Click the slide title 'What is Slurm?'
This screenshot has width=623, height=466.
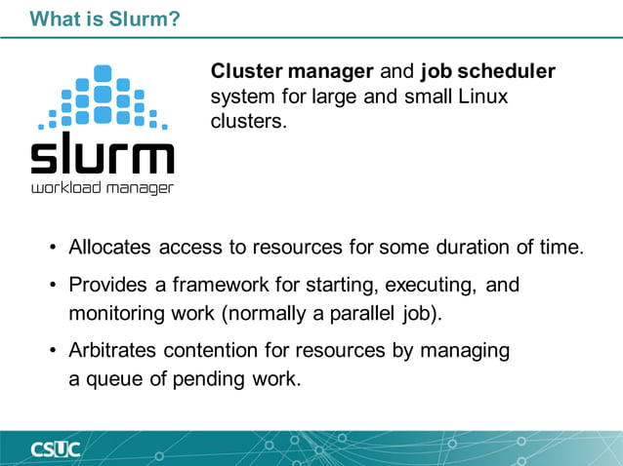pyautogui.click(x=105, y=18)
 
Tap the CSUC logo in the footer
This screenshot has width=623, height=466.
pyautogui.click(x=54, y=449)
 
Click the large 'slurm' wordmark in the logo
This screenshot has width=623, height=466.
pyautogui.click(x=102, y=156)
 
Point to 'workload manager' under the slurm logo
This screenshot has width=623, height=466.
pyautogui.click(x=102, y=187)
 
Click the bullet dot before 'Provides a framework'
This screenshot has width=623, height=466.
pyautogui.click(x=54, y=286)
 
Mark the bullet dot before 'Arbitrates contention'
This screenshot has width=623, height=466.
pyautogui.click(x=54, y=350)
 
